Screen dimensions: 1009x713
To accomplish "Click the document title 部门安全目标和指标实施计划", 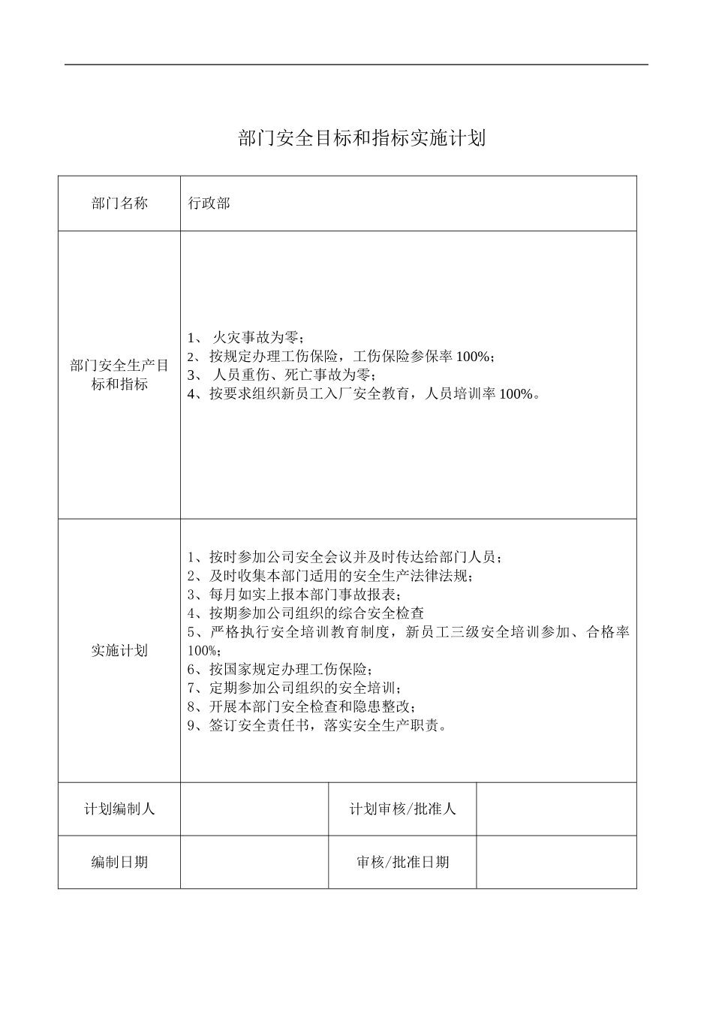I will point(362,138).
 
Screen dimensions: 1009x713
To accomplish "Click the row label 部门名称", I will point(119,203).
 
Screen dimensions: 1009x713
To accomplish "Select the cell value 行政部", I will point(209,203).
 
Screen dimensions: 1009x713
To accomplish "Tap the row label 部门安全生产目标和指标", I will point(119,375).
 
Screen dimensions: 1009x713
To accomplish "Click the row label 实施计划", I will point(119,650).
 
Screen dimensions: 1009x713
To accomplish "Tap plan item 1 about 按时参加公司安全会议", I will point(344,557).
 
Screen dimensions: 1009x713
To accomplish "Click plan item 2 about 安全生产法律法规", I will point(330,576).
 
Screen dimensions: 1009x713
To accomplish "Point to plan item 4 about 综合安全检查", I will point(305,613).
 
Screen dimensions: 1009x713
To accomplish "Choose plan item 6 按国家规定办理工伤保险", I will point(280,669).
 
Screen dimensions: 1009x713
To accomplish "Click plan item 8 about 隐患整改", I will point(302,706).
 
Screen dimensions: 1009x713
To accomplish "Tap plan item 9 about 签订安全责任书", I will point(319,725).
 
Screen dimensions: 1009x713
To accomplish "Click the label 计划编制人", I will point(119,809).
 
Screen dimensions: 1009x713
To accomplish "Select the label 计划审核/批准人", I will point(402,809).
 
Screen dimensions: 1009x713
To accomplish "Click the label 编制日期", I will point(119,862).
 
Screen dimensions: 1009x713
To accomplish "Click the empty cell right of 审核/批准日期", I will point(556,862).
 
